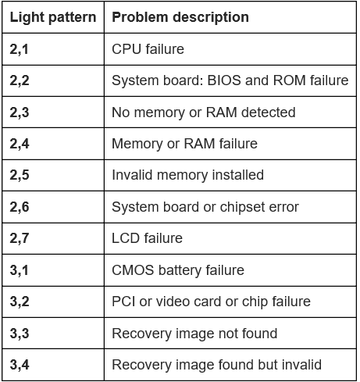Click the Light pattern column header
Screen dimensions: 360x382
[53, 17]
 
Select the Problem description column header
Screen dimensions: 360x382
[180, 17]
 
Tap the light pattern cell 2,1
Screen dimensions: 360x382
[19, 49]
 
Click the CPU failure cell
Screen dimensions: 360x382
[148, 49]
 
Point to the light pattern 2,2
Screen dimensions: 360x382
[20, 80]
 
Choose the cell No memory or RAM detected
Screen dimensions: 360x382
[204, 112]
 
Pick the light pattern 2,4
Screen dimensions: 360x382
[20, 144]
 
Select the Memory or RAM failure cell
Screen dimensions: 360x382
[184, 144]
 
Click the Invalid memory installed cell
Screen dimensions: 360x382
[187, 175]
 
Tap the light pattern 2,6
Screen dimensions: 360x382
[20, 207]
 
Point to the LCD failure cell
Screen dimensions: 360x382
[147, 238]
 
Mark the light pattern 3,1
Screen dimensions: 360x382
[19, 270]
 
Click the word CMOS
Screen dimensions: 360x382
[133, 270]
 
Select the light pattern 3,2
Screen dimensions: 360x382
[20, 302]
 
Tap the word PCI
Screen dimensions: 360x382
[123, 302]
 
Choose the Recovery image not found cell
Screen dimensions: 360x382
[194, 334]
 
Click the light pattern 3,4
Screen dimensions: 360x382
[20, 365]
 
